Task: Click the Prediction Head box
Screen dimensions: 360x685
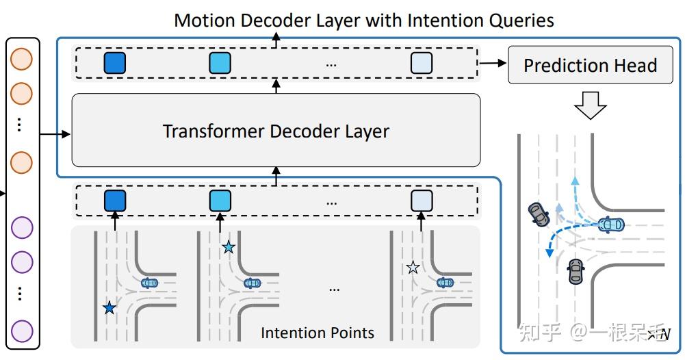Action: [590, 66]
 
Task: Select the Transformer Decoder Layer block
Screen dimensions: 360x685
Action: [276, 130]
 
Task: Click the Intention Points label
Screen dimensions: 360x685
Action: [318, 333]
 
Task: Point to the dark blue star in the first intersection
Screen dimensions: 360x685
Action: [109, 308]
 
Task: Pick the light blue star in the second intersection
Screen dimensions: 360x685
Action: [229, 248]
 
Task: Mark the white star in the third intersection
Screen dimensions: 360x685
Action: [413, 268]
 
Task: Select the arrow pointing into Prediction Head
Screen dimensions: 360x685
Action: [494, 64]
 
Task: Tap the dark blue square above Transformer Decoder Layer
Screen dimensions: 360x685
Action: [115, 64]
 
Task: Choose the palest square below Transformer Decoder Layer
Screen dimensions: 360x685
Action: [422, 201]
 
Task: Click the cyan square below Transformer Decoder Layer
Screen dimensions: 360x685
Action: [220, 201]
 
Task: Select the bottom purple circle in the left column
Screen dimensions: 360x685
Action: [22, 331]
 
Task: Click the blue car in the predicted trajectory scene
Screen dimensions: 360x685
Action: [610, 224]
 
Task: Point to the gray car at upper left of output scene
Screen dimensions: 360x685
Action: [538, 214]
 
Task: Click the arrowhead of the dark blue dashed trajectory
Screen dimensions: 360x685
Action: [549, 253]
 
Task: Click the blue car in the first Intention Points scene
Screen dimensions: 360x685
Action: [149, 282]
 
